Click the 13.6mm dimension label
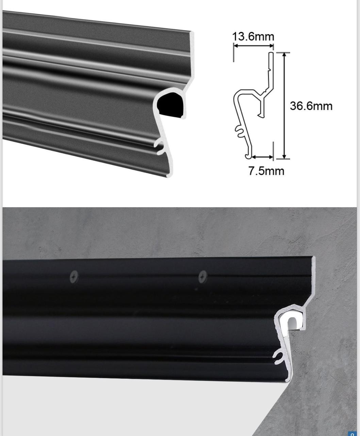pos(253,36)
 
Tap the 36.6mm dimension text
pos(311,106)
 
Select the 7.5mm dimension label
pos(266,171)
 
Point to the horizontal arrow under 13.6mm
pos(253,46)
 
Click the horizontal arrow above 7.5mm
pos(262,157)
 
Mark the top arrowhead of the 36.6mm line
pos(284,55)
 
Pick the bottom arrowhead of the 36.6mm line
pos(284,156)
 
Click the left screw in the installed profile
pos(74,277)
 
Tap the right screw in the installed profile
pos(203,277)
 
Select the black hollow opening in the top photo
pos(170,105)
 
